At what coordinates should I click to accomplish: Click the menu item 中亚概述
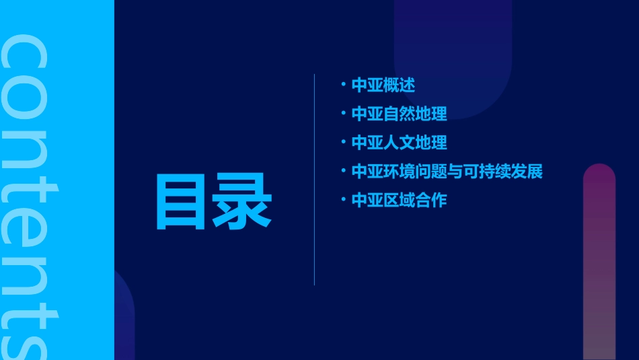(x=383, y=85)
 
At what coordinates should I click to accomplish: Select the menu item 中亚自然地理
(x=399, y=114)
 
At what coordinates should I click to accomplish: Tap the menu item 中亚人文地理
(x=399, y=143)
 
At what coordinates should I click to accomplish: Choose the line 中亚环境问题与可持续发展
(x=447, y=172)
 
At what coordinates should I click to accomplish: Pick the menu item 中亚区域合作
(x=399, y=201)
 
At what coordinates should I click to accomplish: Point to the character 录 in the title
(x=242, y=202)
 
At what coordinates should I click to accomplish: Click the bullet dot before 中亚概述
(x=343, y=85)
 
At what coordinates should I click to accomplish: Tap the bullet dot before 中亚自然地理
(x=343, y=113)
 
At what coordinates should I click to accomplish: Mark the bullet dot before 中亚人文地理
(x=343, y=142)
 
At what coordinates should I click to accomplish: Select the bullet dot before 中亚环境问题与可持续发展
(x=343, y=171)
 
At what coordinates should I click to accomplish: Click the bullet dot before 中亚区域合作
(x=343, y=200)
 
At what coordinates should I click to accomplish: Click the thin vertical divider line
(x=314, y=179)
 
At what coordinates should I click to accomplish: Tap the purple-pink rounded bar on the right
(x=599, y=262)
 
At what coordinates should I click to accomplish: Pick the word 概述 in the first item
(x=399, y=85)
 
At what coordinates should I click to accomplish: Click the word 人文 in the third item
(x=399, y=143)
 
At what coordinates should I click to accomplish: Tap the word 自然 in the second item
(x=399, y=114)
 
